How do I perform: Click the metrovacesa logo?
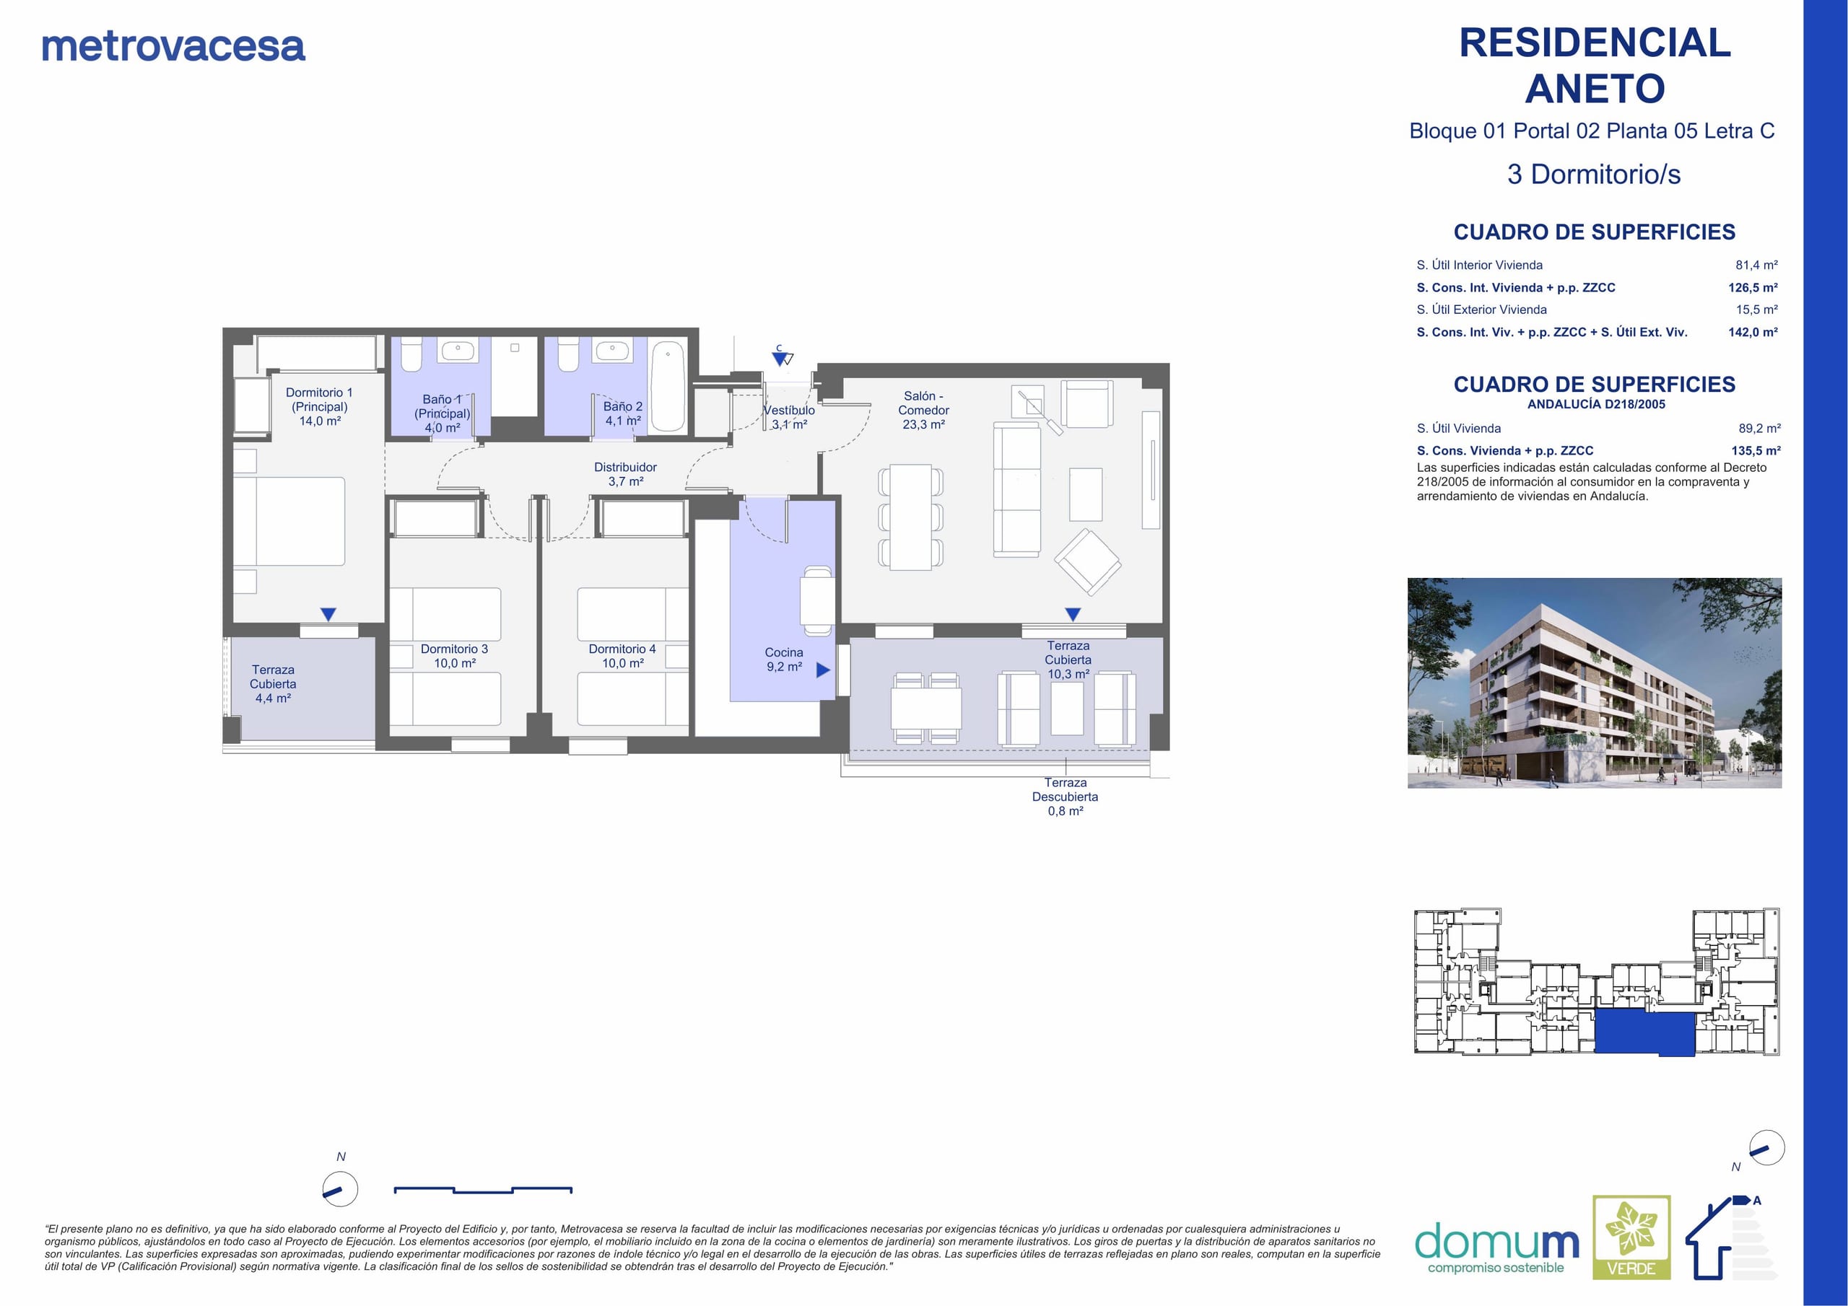tap(173, 47)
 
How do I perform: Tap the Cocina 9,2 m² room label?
tap(784, 659)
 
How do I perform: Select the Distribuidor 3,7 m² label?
tap(625, 474)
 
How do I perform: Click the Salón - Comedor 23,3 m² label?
tap(923, 410)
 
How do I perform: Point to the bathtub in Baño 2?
tap(667, 387)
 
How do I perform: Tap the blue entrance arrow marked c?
tap(779, 358)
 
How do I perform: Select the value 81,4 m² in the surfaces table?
tap(1756, 265)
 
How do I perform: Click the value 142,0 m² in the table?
tap(1753, 331)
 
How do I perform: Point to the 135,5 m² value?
tap(1756, 451)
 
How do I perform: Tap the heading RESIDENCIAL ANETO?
tap(1595, 65)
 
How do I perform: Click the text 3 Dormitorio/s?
tap(1594, 174)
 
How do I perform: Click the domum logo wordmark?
tap(1497, 1243)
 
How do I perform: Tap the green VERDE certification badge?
tap(1631, 1237)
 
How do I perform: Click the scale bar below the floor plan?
tap(483, 1189)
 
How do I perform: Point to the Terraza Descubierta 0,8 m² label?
tap(1065, 797)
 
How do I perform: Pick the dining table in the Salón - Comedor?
tap(910, 517)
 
